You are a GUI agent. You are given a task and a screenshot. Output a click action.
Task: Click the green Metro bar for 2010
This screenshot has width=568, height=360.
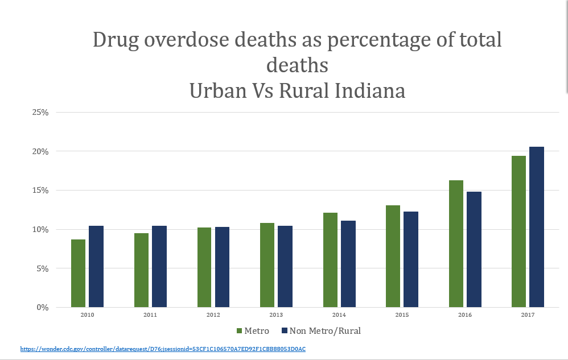(78, 274)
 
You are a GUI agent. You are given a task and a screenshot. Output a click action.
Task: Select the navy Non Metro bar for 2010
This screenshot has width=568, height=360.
(96, 267)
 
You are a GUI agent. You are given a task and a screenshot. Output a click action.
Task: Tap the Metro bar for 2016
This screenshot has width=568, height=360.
(456, 244)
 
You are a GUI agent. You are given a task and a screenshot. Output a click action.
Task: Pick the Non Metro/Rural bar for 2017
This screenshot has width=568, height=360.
(537, 227)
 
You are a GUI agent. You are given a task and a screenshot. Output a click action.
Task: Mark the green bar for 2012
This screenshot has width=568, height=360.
(204, 267)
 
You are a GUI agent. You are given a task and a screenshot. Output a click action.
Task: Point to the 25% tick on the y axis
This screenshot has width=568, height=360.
(40, 112)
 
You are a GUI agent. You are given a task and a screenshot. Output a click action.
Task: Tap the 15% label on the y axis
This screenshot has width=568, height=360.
(40, 191)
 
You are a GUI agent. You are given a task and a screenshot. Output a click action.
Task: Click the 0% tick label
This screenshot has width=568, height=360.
(43, 308)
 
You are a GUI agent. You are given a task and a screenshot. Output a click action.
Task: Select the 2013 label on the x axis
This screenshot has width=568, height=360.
(276, 315)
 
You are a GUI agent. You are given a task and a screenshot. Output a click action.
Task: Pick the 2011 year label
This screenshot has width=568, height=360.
(150, 315)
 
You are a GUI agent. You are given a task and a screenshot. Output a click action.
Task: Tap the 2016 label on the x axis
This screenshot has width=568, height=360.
(465, 315)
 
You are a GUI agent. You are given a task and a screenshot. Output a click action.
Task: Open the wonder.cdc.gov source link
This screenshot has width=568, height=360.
(163, 349)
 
